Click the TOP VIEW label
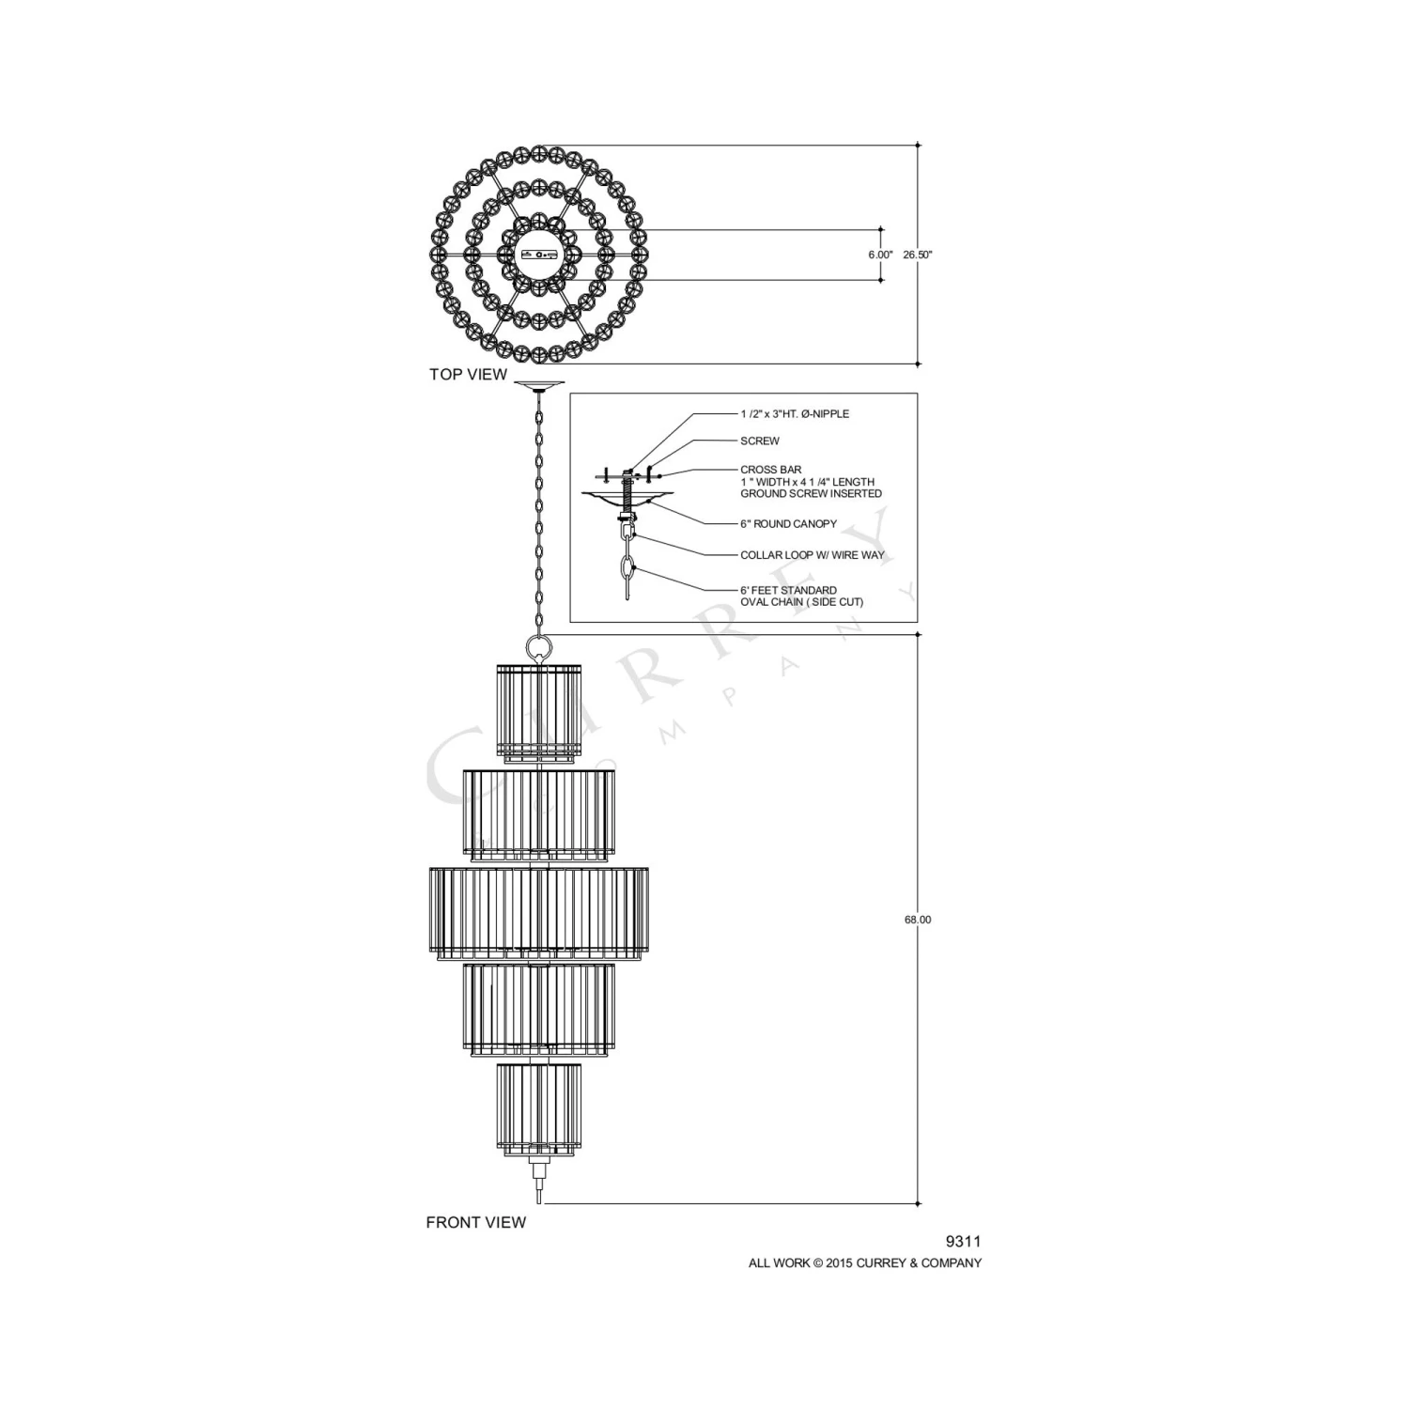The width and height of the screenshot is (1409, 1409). click(x=468, y=374)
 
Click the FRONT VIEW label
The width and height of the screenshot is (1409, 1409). click(x=476, y=1222)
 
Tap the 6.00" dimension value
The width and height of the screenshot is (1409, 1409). click(x=880, y=255)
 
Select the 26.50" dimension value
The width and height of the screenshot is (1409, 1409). click(x=918, y=255)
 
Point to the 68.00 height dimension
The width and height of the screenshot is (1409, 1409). click(x=918, y=920)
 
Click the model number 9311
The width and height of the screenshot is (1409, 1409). click(x=963, y=1242)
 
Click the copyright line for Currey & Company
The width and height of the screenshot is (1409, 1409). click(x=865, y=1263)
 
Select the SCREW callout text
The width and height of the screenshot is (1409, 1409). click(x=760, y=441)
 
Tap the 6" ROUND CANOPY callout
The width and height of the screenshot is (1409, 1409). click(x=788, y=524)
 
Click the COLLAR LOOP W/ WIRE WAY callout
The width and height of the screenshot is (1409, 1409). click(x=813, y=555)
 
